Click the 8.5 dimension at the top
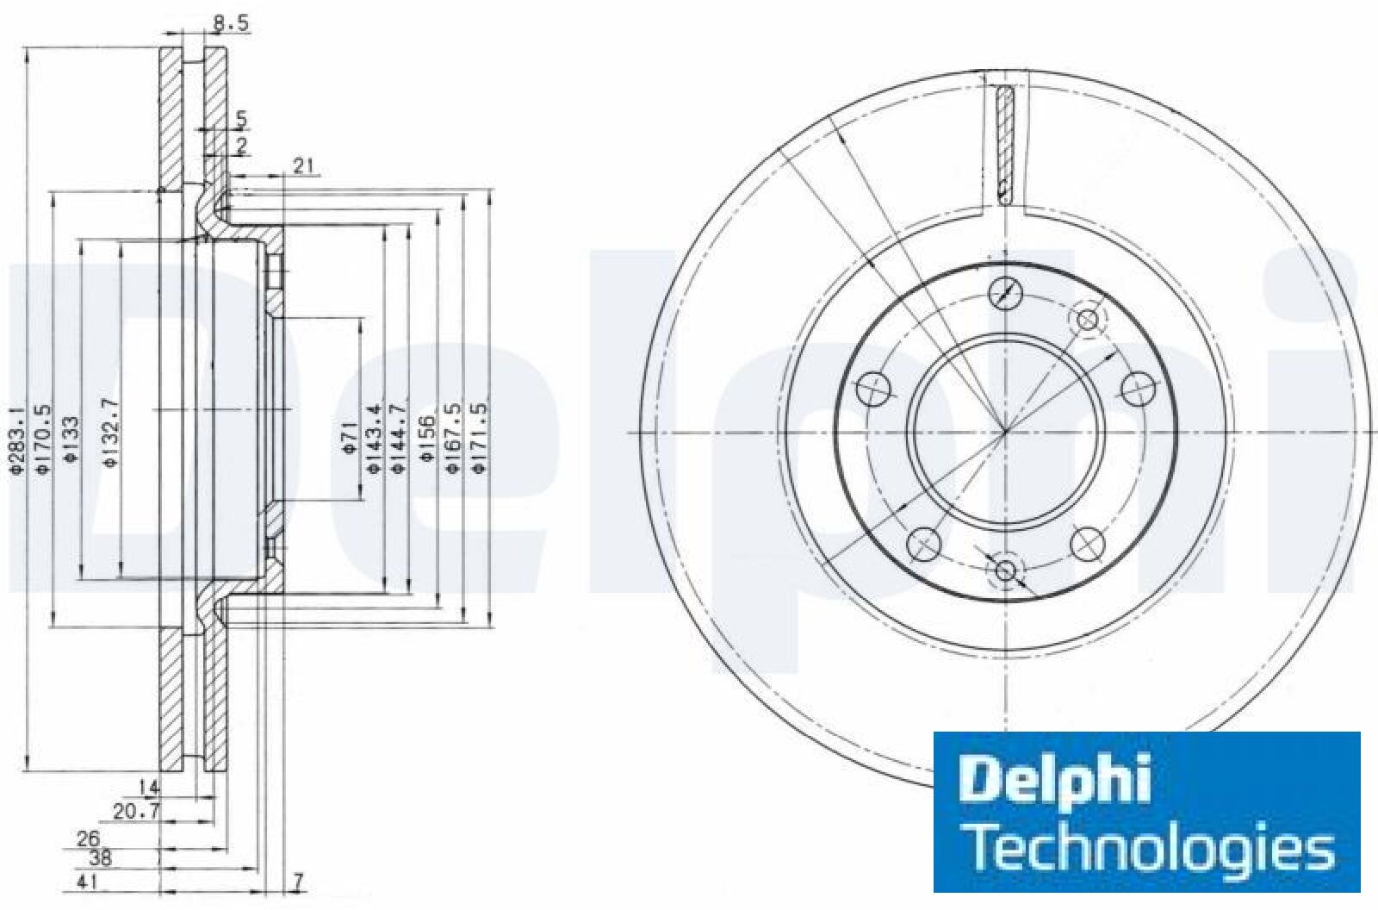point(231,24)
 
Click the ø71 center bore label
point(349,437)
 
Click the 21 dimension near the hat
point(302,165)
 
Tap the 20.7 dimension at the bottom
point(135,810)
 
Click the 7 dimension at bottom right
point(298,881)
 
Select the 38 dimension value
point(101,858)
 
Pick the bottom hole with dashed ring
point(1005,570)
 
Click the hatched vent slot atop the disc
point(1004,145)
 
